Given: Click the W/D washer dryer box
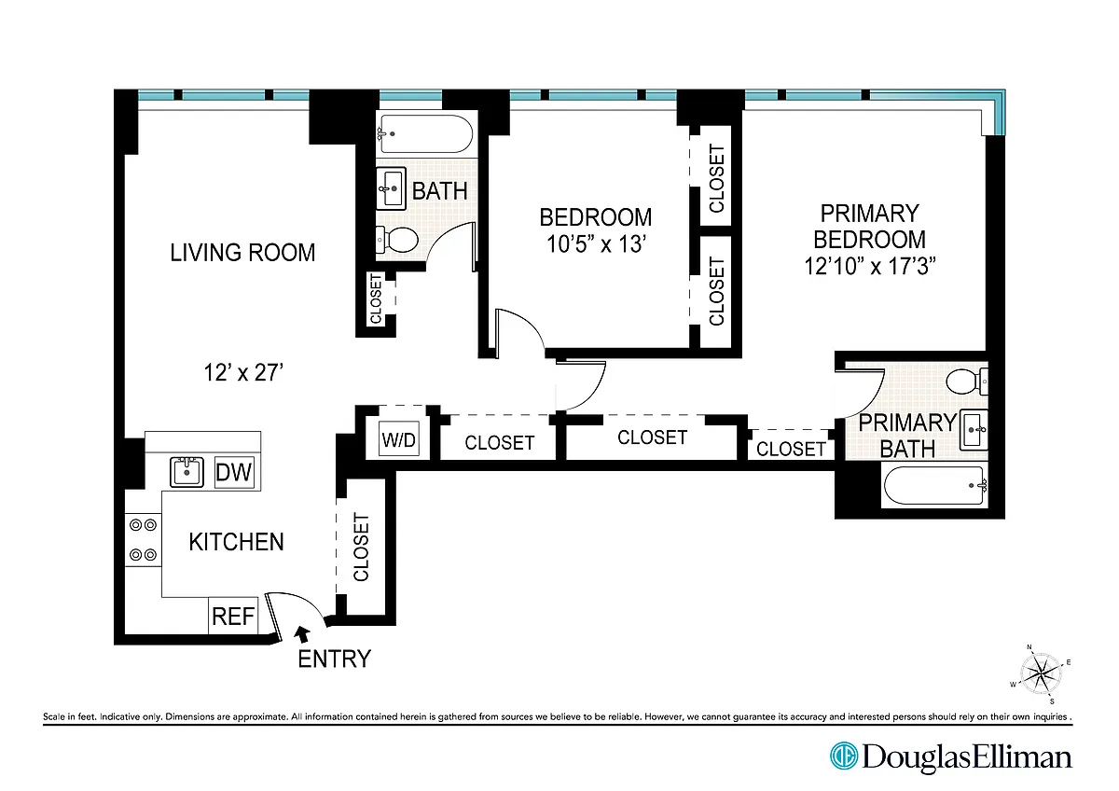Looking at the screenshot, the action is tap(398, 438).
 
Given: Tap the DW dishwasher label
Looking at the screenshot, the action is tap(234, 472).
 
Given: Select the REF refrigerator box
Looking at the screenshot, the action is tap(233, 616).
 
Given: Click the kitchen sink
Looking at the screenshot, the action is tap(186, 471).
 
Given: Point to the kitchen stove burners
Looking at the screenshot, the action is tap(143, 540).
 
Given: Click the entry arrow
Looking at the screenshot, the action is tap(302, 633).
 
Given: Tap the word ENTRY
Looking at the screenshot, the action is tap(334, 659).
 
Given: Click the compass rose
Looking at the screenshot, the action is tap(1041, 674).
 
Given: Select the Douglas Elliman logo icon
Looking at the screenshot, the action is tap(844, 756).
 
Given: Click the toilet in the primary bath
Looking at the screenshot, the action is tap(967, 382).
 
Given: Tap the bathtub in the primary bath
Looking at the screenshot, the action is tap(935, 486).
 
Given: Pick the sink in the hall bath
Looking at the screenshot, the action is tap(391, 188).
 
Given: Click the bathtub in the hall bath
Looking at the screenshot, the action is tap(426, 134).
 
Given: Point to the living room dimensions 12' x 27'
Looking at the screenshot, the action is tap(243, 372).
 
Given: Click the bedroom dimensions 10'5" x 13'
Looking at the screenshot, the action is tap(597, 243).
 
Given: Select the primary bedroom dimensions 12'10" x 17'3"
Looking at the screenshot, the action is tap(870, 266).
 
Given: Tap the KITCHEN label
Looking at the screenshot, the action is tap(236, 542).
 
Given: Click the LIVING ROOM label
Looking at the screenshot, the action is tap(242, 253).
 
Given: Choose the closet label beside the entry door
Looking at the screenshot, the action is tap(361, 547).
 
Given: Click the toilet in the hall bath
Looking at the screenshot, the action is tap(396, 240).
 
